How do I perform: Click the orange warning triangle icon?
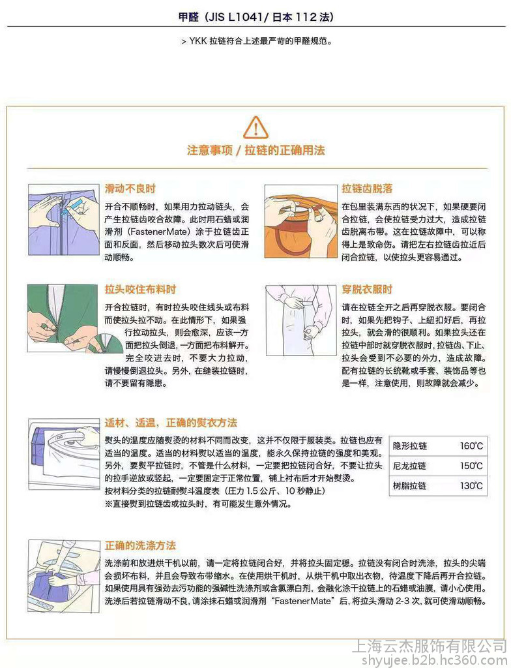[255, 127]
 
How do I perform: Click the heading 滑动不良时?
[130, 189]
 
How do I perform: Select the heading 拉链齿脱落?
[367, 189]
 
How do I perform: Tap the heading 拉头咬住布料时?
[141, 290]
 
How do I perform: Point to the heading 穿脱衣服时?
[367, 290]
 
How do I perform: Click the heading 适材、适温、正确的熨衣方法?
[171, 423]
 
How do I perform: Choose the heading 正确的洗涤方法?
[141, 545]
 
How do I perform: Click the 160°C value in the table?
[471, 446]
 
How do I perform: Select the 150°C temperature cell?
[471, 466]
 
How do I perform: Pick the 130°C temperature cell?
[471, 485]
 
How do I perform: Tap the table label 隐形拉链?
[410, 446]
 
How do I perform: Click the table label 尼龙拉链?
[410, 466]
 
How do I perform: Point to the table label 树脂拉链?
[410, 485]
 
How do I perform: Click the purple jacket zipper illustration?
[64, 220]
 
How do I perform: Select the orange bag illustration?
[300, 221]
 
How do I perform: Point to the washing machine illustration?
[64, 577]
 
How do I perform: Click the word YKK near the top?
[198, 41]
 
